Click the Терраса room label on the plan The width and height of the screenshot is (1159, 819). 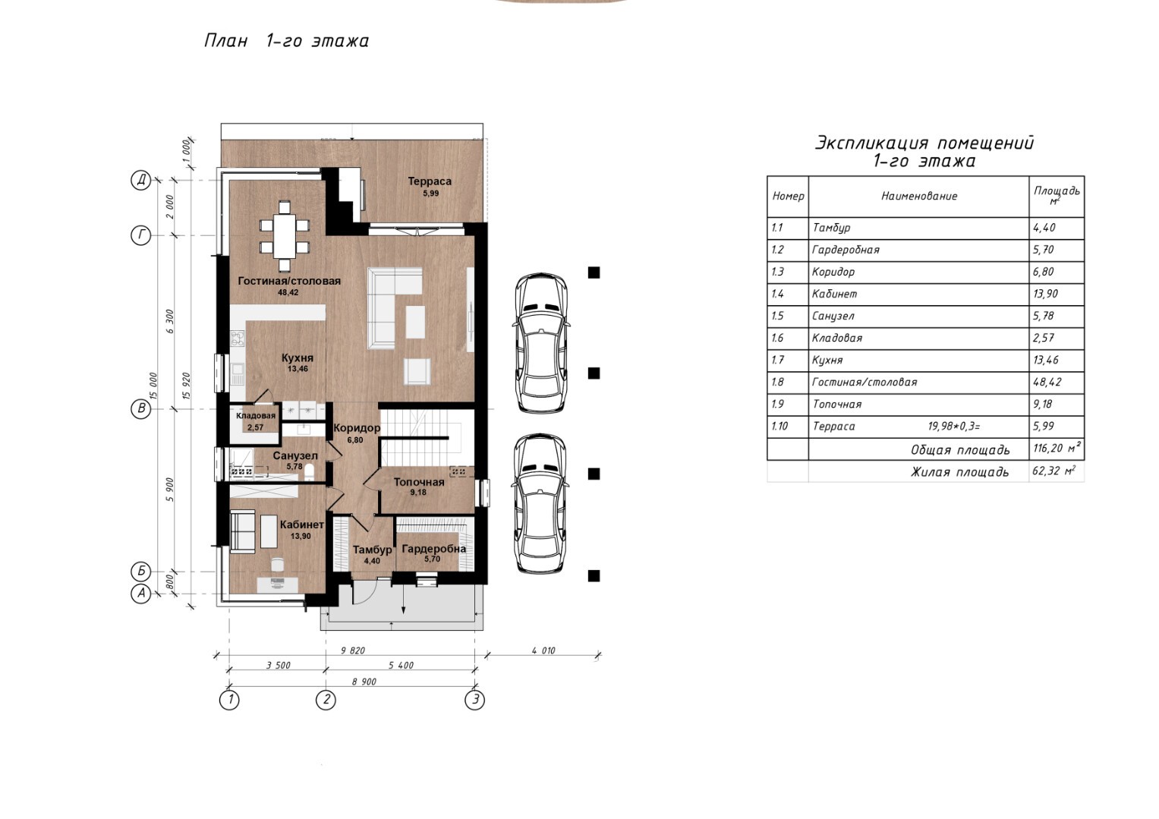(430, 181)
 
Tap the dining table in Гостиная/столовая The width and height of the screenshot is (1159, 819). (285, 236)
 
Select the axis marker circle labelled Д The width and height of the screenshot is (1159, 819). (140, 181)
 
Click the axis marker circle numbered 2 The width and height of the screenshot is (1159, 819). (326, 700)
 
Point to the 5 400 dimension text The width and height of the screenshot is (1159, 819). (401, 666)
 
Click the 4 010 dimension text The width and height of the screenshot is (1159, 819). (543, 650)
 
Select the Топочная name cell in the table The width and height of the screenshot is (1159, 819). (836, 404)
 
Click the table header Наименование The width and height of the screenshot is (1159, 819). (919, 196)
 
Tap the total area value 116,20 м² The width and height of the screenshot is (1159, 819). (1057, 448)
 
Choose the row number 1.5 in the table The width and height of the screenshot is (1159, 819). (777, 316)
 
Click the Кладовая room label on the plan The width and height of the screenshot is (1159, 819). (256, 416)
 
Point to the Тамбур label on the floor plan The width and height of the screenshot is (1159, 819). (372, 550)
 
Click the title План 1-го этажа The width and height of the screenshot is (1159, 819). (286, 41)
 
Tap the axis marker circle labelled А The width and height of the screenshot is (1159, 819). (140, 594)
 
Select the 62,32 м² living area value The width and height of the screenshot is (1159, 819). (1054, 471)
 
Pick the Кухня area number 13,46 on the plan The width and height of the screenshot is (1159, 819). (298, 369)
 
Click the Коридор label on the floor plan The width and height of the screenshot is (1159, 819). (357, 428)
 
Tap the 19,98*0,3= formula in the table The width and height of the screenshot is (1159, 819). (953, 427)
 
